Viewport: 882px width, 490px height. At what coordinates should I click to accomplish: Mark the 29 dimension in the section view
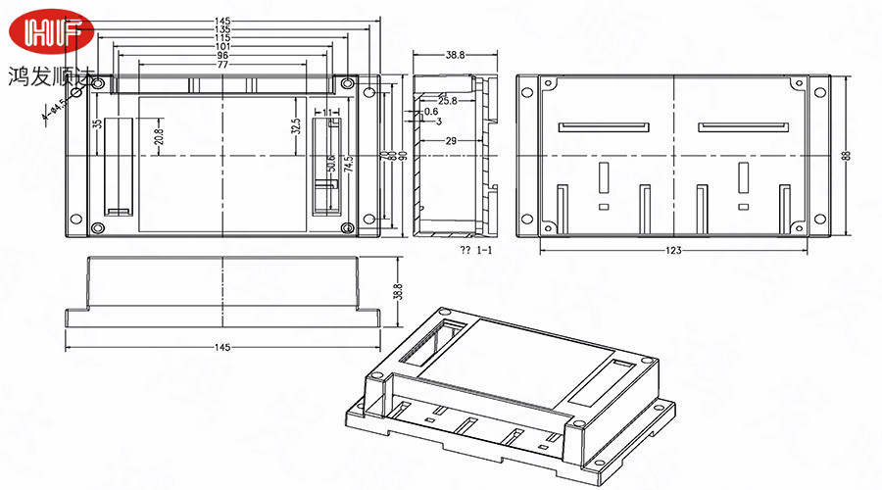coord(451,142)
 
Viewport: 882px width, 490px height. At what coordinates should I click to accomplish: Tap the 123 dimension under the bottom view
coord(673,252)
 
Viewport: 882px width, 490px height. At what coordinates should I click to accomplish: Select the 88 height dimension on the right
coord(847,155)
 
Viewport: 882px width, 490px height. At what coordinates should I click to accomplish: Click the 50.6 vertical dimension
coord(332,163)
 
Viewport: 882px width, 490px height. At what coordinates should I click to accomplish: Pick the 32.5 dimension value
coord(295,126)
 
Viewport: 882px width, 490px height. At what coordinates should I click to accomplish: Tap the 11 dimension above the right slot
coord(327,113)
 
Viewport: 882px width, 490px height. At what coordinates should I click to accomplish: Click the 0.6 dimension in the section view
coord(431,112)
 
